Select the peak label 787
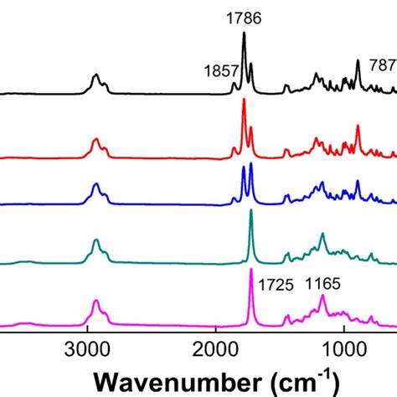[384, 66]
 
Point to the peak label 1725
[276, 285]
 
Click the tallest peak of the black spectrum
[244, 34]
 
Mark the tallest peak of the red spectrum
[244, 101]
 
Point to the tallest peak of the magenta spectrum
[250, 270]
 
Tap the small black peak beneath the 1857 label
[234, 83]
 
